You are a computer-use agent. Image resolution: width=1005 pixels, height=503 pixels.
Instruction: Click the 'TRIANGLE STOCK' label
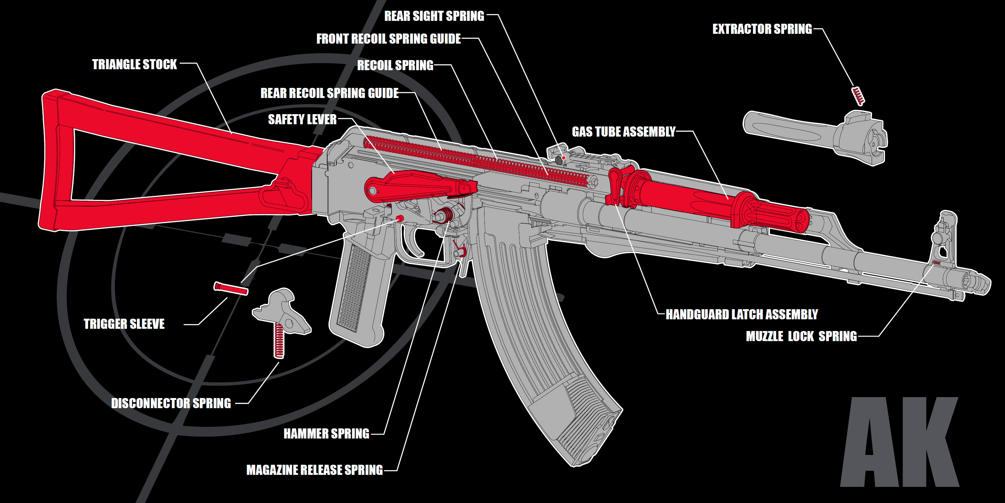pyautogui.click(x=134, y=64)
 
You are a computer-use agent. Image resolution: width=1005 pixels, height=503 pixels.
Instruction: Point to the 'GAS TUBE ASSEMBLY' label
pyautogui.click(x=623, y=132)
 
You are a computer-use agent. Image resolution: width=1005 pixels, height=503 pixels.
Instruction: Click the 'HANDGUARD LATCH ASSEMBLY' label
pyautogui.click(x=741, y=314)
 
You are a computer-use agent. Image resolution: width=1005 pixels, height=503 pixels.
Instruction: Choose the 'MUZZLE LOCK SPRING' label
pyautogui.click(x=801, y=336)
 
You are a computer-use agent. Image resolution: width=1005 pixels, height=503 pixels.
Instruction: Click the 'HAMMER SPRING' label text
pyautogui.click(x=326, y=433)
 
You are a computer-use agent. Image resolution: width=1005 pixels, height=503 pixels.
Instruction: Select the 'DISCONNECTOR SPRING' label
pyautogui.click(x=171, y=403)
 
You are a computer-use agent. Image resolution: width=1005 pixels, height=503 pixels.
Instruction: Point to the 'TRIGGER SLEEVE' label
pyautogui.click(x=124, y=324)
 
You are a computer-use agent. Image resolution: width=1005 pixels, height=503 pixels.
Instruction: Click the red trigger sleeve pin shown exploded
pyautogui.click(x=231, y=289)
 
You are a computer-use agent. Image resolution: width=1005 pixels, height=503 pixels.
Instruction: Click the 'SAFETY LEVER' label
pyautogui.click(x=302, y=120)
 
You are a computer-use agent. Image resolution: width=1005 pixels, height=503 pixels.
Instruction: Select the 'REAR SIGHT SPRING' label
pyautogui.click(x=434, y=16)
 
